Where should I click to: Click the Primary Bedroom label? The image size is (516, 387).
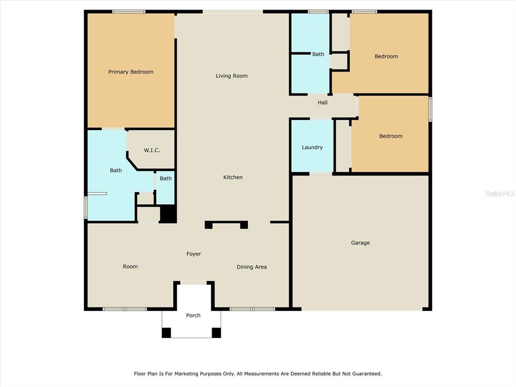131,72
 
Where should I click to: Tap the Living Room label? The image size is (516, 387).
231,76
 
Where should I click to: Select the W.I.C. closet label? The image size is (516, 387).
152,150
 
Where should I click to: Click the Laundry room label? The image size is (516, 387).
312,147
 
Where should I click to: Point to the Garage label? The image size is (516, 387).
360,242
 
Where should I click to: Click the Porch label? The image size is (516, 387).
193,315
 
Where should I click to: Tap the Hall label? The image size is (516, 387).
322,102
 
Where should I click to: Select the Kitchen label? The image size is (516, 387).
233,177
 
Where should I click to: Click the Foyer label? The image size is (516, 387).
193,254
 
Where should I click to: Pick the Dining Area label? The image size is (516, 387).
251,267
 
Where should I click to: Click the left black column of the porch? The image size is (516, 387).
166,333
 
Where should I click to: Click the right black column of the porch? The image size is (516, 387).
216,333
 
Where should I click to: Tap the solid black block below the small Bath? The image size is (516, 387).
168,214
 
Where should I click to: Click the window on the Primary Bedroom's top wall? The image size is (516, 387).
128,12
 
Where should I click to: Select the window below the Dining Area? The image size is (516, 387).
252,309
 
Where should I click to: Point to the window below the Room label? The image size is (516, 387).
125,309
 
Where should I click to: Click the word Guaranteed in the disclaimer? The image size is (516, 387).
367,373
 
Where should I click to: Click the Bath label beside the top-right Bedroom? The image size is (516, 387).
318,54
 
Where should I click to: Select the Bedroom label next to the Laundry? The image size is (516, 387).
391,136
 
